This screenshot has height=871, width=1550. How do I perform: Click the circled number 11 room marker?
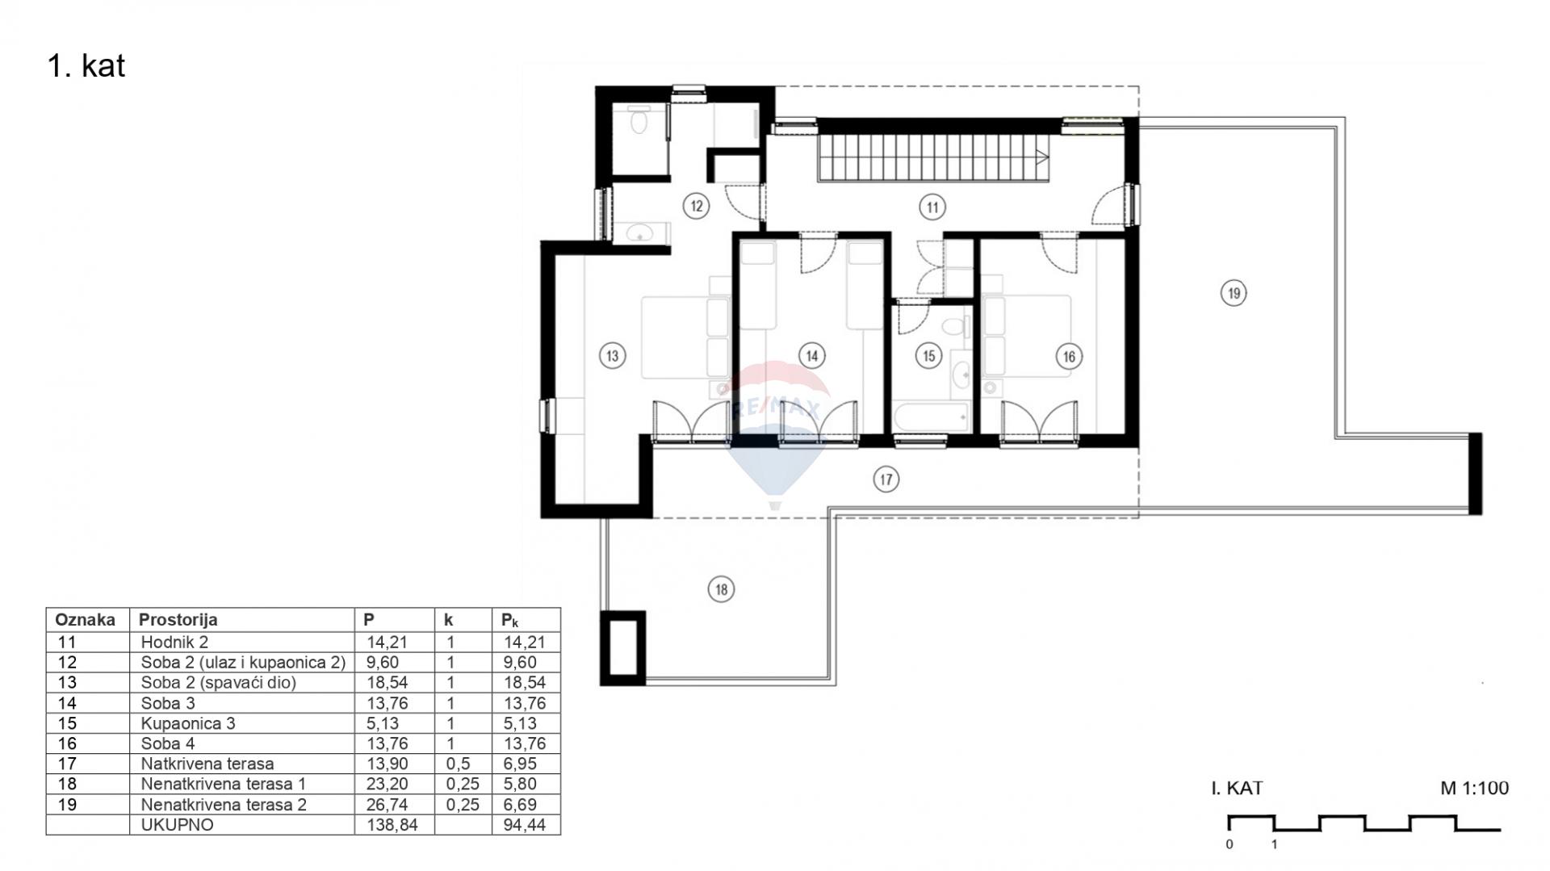[x=932, y=207]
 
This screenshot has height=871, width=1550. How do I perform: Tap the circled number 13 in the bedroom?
[x=612, y=355]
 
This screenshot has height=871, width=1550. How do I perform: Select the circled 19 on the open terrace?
[x=1234, y=293]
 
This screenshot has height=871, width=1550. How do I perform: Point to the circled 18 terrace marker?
[x=721, y=589]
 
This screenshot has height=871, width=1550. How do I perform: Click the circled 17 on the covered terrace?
[x=886, y=479]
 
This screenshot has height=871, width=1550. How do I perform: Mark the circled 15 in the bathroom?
[x=928, y=356]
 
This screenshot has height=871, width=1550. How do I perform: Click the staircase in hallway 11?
[x=935, y=157]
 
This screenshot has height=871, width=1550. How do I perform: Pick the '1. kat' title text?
[x=86, y=66]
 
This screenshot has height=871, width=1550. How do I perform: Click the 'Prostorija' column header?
[x=178, y=620]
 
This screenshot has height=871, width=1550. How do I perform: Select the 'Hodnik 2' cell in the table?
[x=174, y=643]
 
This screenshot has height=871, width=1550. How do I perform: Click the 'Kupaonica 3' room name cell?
[x=188, y=723]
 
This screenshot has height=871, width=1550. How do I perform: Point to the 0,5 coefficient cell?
[x=458, y=764]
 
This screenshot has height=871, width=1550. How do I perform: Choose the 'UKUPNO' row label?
[x=178, y=825]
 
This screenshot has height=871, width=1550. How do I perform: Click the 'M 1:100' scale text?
[x=1474, y=788]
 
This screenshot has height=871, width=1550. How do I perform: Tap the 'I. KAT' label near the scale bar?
[x=1237, y=788]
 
